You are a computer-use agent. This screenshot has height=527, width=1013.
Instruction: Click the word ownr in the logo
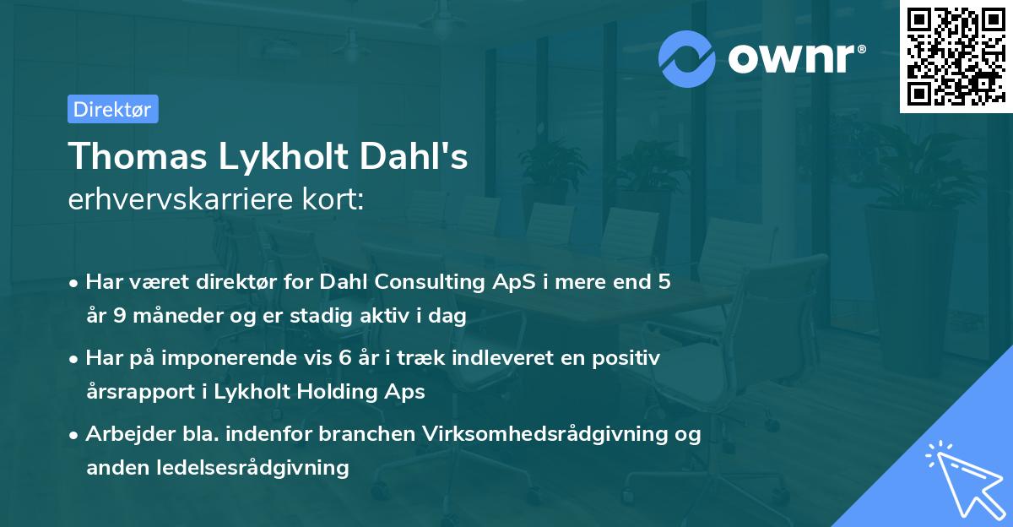pos(794,59)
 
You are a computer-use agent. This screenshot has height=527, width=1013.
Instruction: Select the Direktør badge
pos(112,109)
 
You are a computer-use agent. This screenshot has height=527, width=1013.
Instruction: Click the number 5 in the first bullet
pos(665,282)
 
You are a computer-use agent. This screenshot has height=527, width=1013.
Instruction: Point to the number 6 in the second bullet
pos(344,358)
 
